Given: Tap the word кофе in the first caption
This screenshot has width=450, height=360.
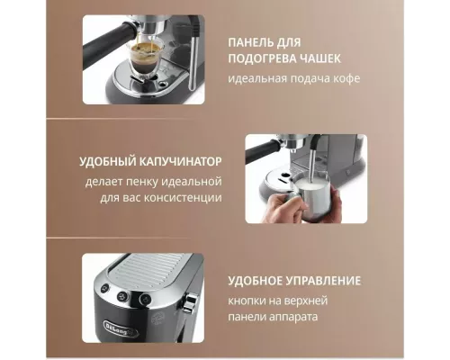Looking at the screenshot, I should [345, 78].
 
